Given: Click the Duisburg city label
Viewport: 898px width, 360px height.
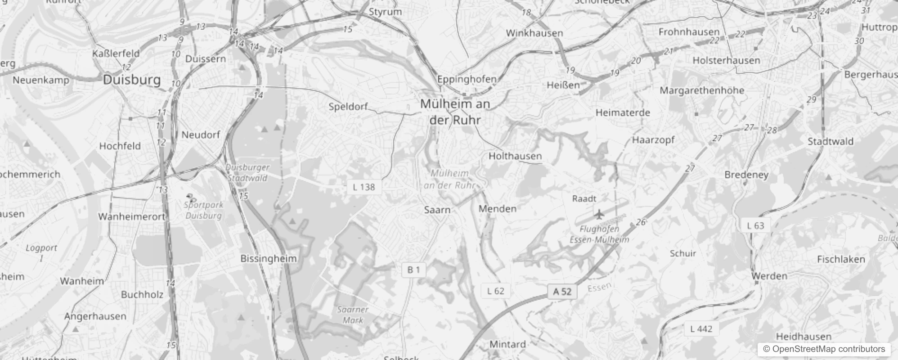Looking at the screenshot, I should (x=132, y=80).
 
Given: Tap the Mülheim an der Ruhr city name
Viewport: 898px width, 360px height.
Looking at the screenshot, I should (x=455, y=112).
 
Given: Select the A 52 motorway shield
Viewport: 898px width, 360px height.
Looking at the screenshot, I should (x=562, y=292).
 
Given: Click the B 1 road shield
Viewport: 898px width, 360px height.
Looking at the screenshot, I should (x=413, y=270).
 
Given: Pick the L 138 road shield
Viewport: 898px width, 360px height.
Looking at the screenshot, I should (x=364, y=187).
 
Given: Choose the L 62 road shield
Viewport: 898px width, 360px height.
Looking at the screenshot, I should (x=496, y=291).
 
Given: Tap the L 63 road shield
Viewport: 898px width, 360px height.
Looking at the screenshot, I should (x=755, y=225).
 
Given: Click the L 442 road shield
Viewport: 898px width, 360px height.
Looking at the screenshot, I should (x=701, y=329).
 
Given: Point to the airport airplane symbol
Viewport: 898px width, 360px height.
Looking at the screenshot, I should (x=599, y=213).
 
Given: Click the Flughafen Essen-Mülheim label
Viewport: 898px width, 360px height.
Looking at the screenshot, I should (x=599, y=234).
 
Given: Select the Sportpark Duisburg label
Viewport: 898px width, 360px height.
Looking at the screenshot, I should (x=203, y=210).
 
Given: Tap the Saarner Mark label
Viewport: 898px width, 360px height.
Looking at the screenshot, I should (x=353, y=315).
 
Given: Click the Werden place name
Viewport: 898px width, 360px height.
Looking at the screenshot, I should (x=769, y=276).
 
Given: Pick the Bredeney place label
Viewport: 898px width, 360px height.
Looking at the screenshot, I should (x=746, y=175).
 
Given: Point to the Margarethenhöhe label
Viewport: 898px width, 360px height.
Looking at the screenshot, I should (x=702, y=90).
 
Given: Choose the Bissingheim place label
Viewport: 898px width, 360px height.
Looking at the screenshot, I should (x=268, y=259).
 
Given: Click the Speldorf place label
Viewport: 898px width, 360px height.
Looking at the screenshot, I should (x=348, y=107).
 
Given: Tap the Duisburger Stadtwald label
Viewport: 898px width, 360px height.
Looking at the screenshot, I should (x=247, y=172).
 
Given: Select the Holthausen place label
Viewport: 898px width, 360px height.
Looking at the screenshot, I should (x=515, y=156).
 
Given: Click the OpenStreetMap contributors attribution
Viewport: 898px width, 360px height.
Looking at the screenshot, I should (x=824, y=349).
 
